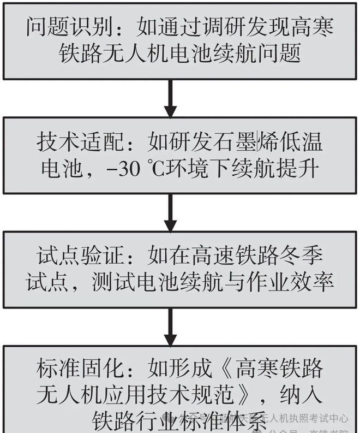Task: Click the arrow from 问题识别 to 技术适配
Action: click(x=170, y=99)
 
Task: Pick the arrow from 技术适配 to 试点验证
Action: click(x=170, y=213)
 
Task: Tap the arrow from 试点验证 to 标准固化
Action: click(x=170, y=326)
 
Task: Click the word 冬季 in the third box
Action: click(x=300, y=255)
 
